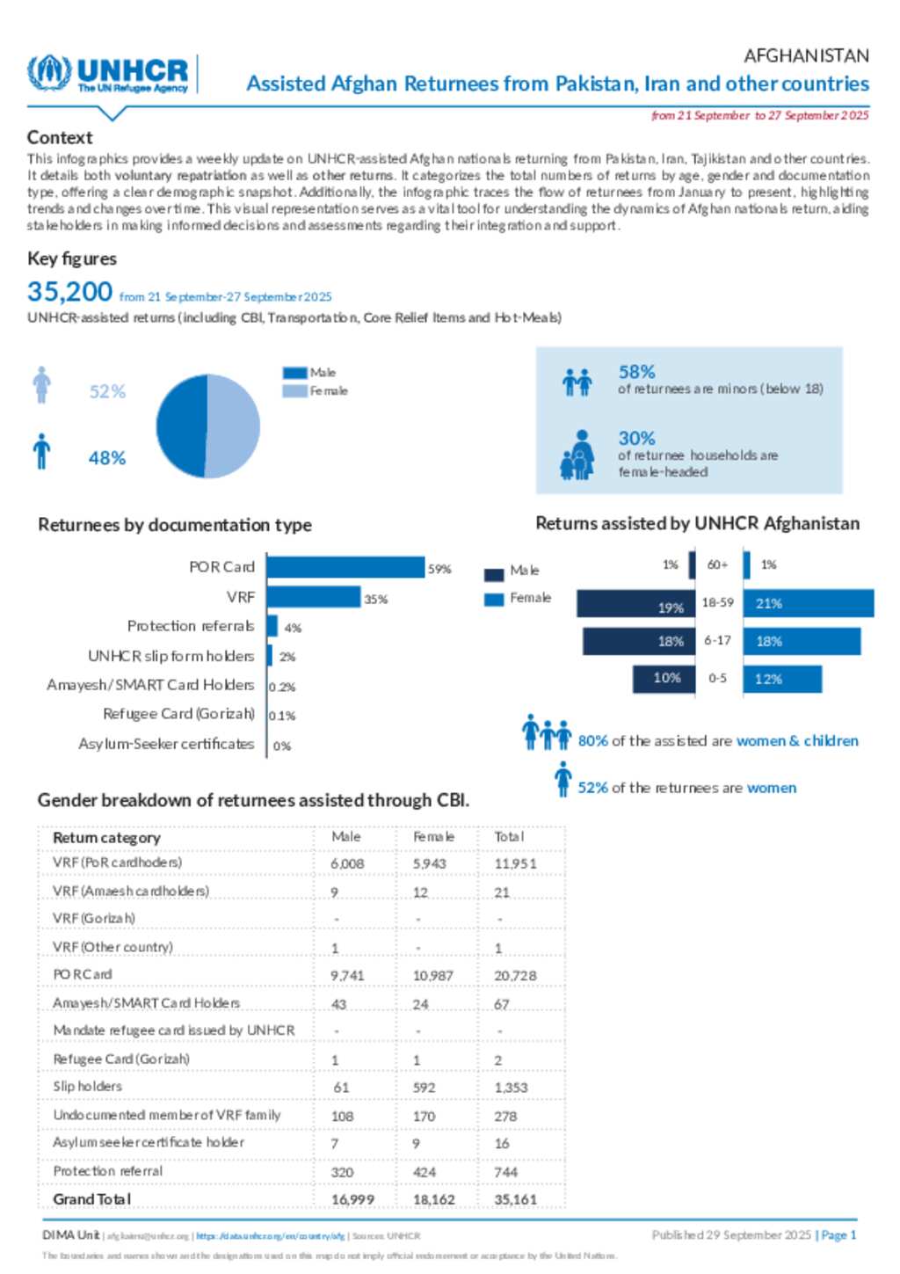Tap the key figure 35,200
(x=70, y=291)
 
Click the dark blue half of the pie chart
(x=180, y=426)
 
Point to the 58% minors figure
(x=636, y=372)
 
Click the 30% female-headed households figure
(x=636, y=438)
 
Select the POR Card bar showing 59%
(x=345, y=567)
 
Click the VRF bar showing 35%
(x=314, y=598)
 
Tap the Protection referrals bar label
(x=191, y=626)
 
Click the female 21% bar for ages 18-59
(x=808, y=604)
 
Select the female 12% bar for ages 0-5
(x=782, y=679)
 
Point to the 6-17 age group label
(x=717, y=641)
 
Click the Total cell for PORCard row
(x=515, y=976)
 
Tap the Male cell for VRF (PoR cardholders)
(x=347, y=864)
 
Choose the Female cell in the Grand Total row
(x=433, y=1199)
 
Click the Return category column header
(x=106, y=838)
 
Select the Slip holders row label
(x=88, y=1087)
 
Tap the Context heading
(x=60, y=137)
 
